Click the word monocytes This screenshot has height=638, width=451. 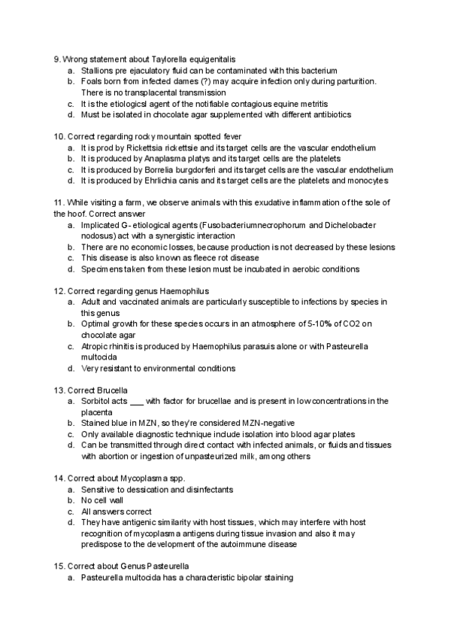[x=368, y=181]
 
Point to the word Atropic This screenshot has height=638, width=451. [x=95, y=346]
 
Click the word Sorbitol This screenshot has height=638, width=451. [x=96, y=401]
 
